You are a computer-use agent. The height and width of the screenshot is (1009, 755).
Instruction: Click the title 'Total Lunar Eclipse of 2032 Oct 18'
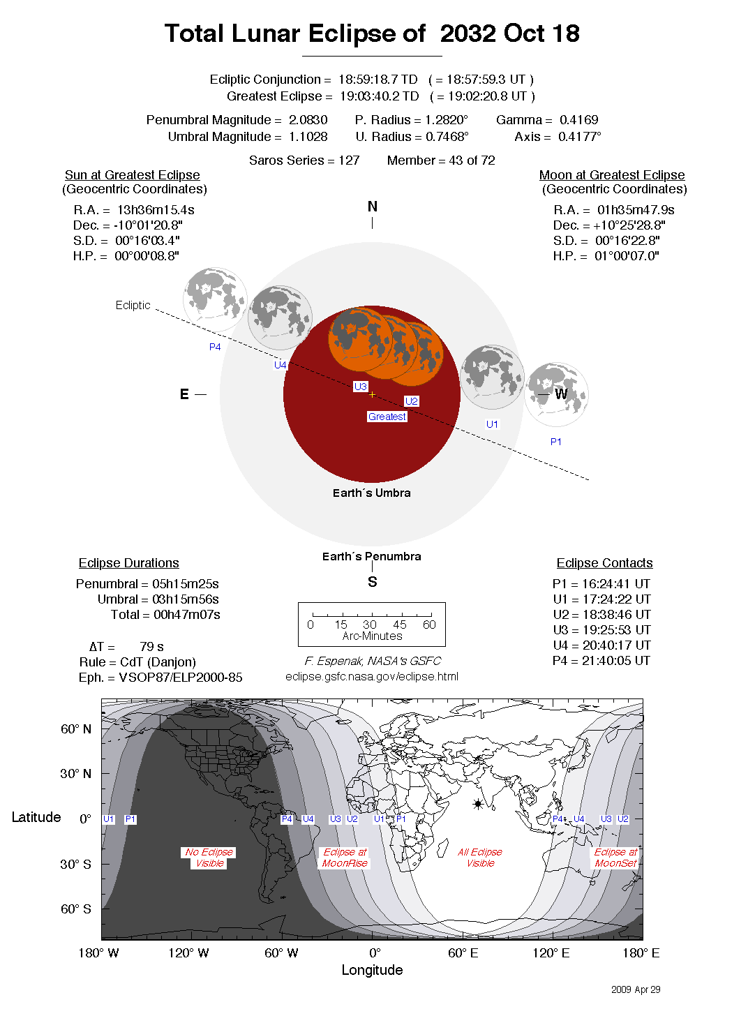(x=372, y=33)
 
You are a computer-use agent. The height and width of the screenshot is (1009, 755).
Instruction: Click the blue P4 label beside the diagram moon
(x=215, y=347)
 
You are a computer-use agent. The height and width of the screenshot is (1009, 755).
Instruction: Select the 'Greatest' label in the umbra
(x=387, y=417)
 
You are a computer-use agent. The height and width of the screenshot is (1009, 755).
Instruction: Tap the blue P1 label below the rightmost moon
(x=556, y=442)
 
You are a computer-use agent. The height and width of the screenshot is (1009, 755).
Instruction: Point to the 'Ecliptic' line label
(x=133, y=305)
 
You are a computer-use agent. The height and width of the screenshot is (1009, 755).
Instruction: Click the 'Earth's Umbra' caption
(x=371, y=493)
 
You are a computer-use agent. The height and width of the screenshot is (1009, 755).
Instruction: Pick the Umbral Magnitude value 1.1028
(x=308, y=137)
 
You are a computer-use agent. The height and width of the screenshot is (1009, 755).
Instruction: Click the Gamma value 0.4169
(x=578, y=120)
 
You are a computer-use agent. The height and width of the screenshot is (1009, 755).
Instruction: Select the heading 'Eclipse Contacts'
(x=604, y=563)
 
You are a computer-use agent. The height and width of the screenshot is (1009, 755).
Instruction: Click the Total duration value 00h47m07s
(x=186, y=615)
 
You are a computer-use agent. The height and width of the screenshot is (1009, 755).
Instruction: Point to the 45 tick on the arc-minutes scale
(x=399, y=625)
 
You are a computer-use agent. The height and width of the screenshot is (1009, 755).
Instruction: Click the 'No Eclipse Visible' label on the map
(x=209, y=858)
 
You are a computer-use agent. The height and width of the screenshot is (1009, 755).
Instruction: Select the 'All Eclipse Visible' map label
(x=480, y=858)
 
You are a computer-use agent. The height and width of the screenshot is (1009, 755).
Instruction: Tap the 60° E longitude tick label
(x=463, y=953)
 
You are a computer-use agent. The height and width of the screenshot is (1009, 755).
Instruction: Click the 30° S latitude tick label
(x=75, y=864)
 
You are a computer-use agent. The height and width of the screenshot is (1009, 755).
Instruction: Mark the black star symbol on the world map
(x=478, y=804)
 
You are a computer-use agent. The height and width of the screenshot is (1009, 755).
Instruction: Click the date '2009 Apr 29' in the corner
(x=636, y=989)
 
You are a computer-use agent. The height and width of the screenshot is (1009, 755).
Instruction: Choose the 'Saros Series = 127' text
(x=304, y=160)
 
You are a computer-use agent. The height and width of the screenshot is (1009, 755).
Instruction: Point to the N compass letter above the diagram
(x=372, y=207)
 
